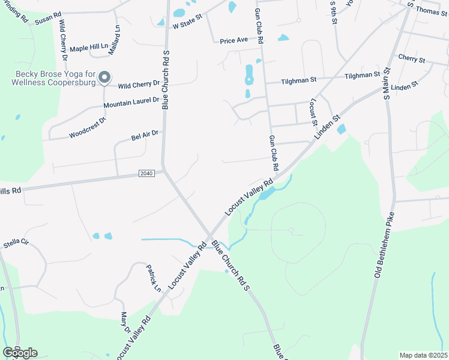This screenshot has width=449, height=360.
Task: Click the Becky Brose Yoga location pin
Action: [105, 77]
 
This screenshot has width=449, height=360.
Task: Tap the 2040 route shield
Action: [146, 173]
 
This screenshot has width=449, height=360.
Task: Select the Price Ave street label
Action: [234, 40]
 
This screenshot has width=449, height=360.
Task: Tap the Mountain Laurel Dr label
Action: [131, 103]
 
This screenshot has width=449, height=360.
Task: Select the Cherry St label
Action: [411, 59]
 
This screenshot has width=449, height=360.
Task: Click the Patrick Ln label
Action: [154, 279]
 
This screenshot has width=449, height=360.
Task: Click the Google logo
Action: [20, 353]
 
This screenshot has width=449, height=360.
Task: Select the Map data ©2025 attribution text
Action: [423, 355]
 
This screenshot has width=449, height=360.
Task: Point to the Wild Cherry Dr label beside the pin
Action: [139, 85]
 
